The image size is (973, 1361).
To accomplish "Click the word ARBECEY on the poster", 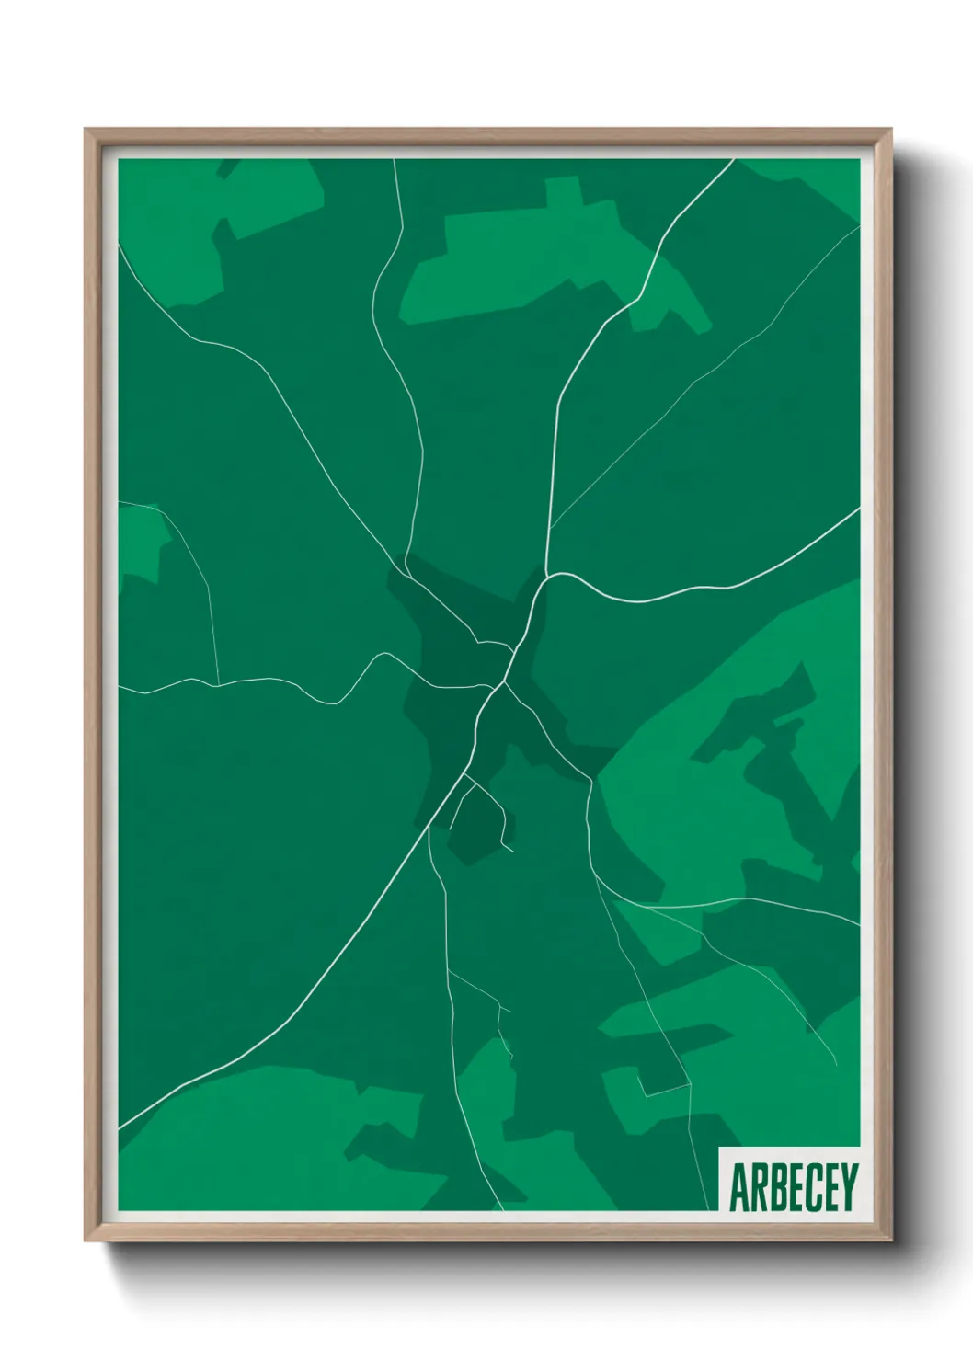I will coord(793,1187).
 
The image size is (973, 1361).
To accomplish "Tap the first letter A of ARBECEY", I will coord(738,1187).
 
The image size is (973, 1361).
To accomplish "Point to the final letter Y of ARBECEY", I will coord(848,1187).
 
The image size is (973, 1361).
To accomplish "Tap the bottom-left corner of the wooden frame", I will coord(86,1239).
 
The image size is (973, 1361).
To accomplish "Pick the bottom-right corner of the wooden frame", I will coord(890,1239).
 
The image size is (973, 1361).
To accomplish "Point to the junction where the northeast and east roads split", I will coord(549,576).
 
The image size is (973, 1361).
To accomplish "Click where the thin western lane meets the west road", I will coord(218,684).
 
